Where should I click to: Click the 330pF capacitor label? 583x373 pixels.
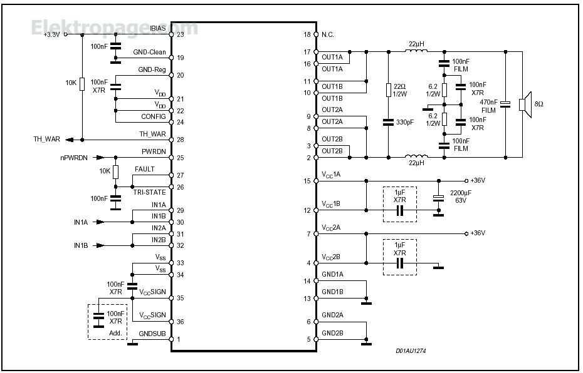(405, 121)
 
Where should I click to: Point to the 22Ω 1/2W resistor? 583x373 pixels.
(389, 89)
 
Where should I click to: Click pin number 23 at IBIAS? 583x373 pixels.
(181, 35)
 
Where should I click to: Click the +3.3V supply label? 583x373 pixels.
(51, 35)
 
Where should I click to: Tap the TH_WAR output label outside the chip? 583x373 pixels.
(47, 140)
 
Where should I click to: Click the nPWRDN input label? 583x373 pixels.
(74, 158)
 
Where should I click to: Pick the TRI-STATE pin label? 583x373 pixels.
(149, 192)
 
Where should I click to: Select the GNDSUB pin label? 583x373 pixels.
(152, 334)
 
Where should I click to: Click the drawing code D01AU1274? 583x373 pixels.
(411, 352)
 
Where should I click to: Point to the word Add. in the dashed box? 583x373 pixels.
(115, 333)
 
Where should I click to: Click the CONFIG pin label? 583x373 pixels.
(154, 116)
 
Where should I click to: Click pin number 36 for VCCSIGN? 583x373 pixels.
(181, 322)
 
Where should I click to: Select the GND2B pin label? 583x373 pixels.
(332, 333)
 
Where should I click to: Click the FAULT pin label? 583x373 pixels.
(144, 170)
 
